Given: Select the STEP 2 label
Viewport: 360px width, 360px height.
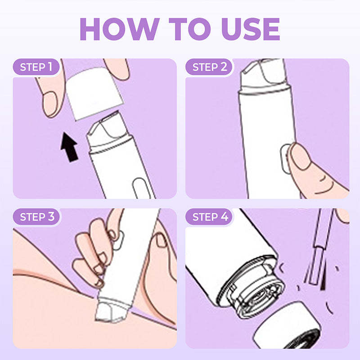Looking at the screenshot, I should pyautogui.click(x=209, y=67).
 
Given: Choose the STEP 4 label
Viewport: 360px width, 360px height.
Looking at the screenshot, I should pyautogui.click(x=210, y=217).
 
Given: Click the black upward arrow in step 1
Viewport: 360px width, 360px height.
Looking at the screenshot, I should pyautogui.click(x=68, y=148).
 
